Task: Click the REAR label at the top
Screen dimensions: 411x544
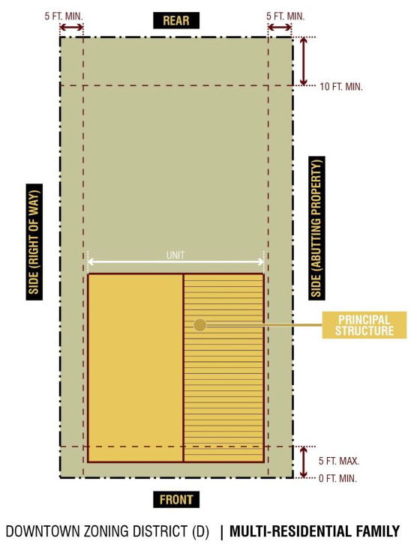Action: (x=176, y=20)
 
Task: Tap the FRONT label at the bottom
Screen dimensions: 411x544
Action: (x=176, y=500)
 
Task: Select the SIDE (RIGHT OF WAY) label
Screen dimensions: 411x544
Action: (x=34, y=242)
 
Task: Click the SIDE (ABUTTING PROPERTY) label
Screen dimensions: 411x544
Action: (x=316, y=228)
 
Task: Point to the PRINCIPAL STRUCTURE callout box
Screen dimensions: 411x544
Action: (x=364, y=324)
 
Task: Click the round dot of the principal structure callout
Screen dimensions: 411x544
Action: (x=200, y=325)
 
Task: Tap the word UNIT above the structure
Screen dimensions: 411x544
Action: (x=175, y=256)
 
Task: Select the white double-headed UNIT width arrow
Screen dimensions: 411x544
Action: (x=175, y=262)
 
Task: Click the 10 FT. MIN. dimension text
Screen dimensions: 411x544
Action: (x=341, y=86)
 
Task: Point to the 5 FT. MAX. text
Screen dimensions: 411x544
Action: (x=339, y=461)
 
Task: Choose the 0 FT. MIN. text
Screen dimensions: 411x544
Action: (x=337, y=478)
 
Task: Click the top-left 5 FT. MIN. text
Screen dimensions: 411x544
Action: (x=64, y=16)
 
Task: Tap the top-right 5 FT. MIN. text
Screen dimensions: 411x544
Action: (x=285, y=16)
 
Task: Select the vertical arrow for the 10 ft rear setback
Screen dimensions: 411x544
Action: (x=304, y=61)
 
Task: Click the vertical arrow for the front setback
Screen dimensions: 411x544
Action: (x=304, y=462)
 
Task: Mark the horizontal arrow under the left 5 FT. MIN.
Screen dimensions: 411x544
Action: (x=71, y=27)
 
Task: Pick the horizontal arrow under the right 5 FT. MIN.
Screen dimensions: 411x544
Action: (x=280, y=27)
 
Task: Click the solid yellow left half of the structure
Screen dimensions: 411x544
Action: (x=136, y=368)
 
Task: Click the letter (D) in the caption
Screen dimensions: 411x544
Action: (x=200, y=531)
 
